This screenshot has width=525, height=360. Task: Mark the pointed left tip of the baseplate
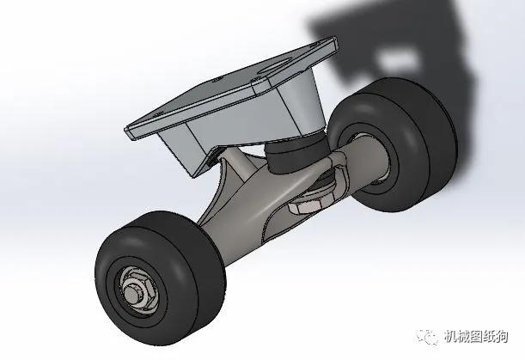coord(126,131)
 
